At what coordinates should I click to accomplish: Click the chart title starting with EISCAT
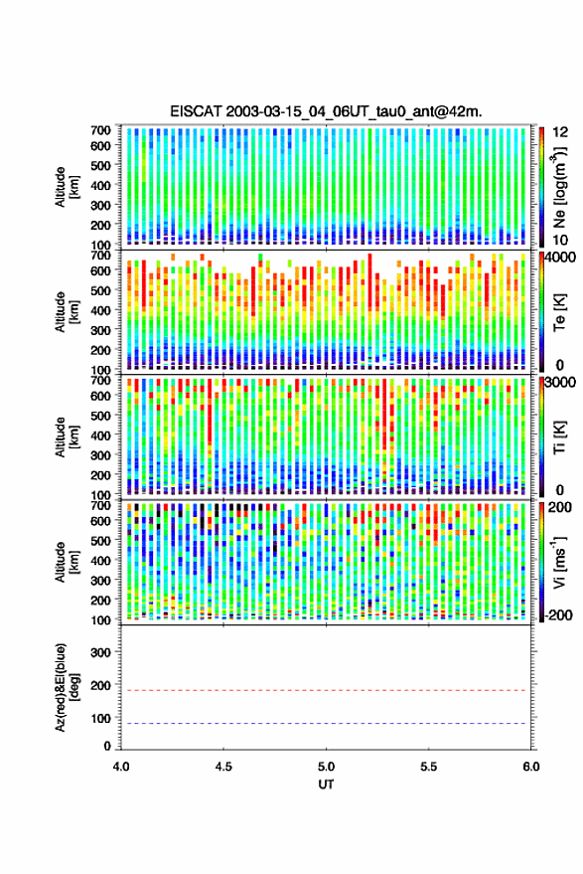pyautogui.click(x=327, y=111)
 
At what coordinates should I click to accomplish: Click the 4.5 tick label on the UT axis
pyautogui.click(x=223, y=767)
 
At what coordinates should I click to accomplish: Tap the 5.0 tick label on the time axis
pyautogui.click(x=327, y=767)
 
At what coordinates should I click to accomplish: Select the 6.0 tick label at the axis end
pyautogui.click(x=531, y=767)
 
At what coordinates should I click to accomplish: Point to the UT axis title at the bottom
pyautogui.click(x=326, y=785)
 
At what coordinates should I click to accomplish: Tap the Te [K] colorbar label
pyautogui.click(x=559, y=312)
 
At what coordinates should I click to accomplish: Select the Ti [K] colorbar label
pyautogui.click(x=559, y=437)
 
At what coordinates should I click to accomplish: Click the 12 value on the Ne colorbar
pyautogui.click(x=560, y=132)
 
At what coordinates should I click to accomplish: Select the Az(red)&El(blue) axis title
pyautogui.click(x=67, y=687)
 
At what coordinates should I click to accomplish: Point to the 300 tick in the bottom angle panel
pyautogui.click(x=100, y=652)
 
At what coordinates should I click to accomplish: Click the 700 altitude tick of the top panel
pyautogui.click(x=100, y=129)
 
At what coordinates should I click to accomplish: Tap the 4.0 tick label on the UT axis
pyautogui.click(x=121, y=767)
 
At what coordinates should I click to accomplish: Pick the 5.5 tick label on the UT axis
pyautogui.click(x=429, y=767)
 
